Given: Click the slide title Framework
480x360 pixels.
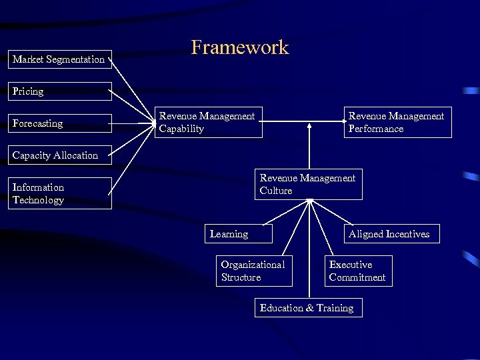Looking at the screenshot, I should click(x=240, y=47).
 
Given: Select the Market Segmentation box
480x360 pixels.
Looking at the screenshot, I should click(x=59, y=59).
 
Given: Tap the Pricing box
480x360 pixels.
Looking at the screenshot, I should click(x=59, y=91).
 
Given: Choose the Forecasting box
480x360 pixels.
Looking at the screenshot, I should click(x=59, y=123).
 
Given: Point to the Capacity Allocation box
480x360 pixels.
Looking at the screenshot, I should click(x=59, y=155).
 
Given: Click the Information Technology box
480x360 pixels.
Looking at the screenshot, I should click(x=59, y=193).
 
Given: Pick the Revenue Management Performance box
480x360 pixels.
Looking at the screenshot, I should click(x=397, y=122).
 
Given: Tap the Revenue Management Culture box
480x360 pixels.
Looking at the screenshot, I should click(x=308, y=184).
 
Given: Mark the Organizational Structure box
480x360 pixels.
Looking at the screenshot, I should click(x=253, y=271).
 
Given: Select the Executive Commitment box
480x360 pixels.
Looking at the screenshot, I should click(x=358, y=271).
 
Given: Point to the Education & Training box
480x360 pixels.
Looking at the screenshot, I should click(x=308, y=308).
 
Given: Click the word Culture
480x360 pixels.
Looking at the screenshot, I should click(x=276, y=191).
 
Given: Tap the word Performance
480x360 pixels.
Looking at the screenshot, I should click(x=376, y=129).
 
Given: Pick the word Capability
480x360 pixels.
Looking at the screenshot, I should click(x=181, y=129).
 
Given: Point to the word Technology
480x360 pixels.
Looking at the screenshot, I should click(x=38, y=200).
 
